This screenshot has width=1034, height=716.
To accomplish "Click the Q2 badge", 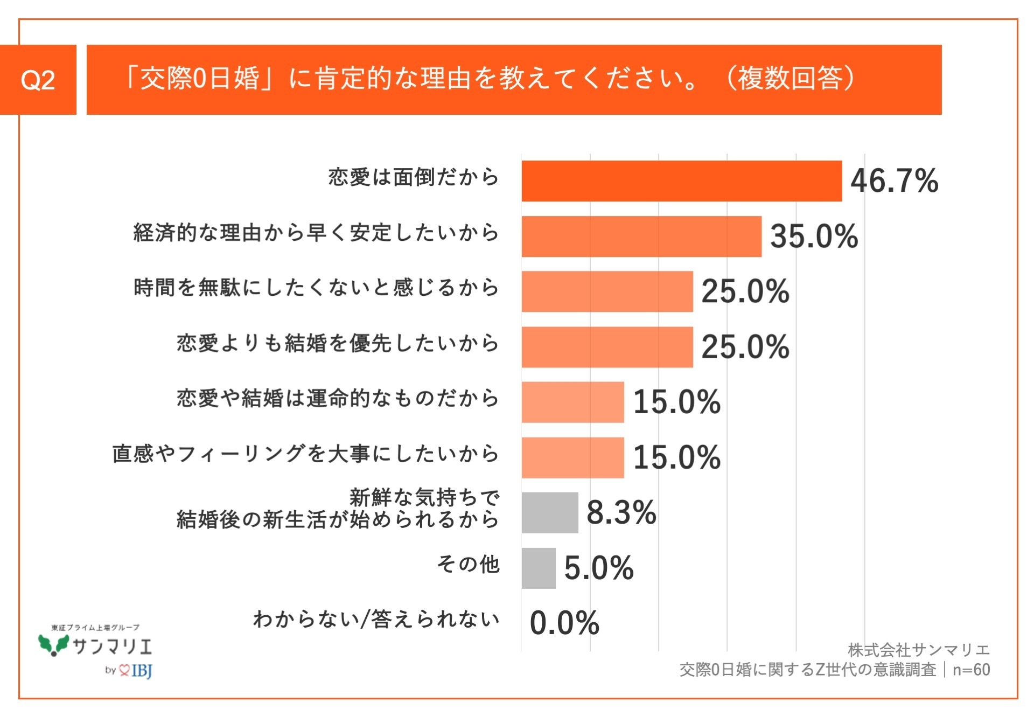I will pos(38,80).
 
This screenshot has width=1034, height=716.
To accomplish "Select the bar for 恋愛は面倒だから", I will pos(681,181).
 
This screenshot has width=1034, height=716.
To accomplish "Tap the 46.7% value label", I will pos(894,181).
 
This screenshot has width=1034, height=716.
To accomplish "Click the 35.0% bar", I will pos(641,237).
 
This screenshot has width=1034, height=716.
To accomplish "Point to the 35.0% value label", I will pos(814,237).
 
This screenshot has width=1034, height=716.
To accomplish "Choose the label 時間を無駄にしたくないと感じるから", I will pos(316,288).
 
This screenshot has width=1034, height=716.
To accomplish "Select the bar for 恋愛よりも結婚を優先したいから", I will pos(607,347).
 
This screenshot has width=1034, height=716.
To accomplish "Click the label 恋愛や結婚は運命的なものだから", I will pos(338,399).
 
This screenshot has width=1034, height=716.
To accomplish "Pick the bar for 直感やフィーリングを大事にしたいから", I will pos(572,457).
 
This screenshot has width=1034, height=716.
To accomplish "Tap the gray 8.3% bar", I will pos(549,512).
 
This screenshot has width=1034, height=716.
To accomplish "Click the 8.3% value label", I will pos(621,512).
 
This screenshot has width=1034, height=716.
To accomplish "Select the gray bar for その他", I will pos(538,568).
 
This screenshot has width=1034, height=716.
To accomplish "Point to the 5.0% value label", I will pos(599,568).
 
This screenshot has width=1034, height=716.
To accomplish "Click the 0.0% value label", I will pos(564,623).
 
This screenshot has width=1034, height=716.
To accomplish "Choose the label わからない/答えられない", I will pos(376,620).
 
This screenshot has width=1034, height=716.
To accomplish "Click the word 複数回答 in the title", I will pos(790,79).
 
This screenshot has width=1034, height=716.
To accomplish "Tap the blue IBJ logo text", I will pos(142,671).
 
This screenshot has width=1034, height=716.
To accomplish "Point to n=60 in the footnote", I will pos(971,670).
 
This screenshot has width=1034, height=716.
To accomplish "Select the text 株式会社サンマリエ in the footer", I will pos(918,650).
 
